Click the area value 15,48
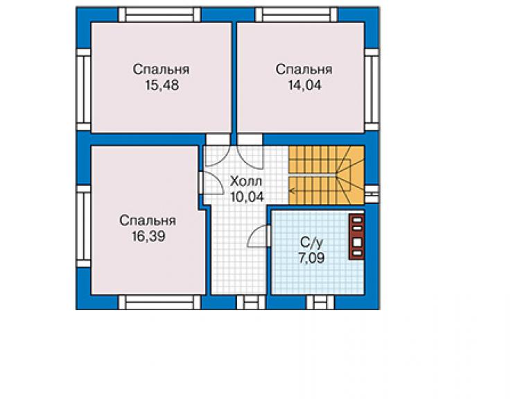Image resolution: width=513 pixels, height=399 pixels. [162, 85]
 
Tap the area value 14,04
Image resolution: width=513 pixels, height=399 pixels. [304, 85]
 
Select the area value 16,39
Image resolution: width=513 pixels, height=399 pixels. [148, 236]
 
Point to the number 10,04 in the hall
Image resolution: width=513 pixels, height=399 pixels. [247, 197]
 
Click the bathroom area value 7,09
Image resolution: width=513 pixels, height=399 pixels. [311, 258]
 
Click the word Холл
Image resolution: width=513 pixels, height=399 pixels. [246, 181]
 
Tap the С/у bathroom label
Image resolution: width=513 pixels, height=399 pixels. [311, 242]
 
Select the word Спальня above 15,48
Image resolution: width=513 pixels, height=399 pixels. [161, 69]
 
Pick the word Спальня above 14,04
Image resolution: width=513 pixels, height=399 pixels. [304, 69]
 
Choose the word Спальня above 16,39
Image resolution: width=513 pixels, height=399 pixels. [148, 221]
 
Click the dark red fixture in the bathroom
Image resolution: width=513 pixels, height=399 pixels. [356, 237]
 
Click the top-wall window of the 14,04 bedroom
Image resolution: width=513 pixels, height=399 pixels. [296, 15]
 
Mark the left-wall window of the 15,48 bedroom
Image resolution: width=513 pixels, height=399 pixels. [83, 90]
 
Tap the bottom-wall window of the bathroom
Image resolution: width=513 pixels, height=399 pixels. [320, 303]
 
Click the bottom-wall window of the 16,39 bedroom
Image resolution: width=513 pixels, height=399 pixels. [159, 303]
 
